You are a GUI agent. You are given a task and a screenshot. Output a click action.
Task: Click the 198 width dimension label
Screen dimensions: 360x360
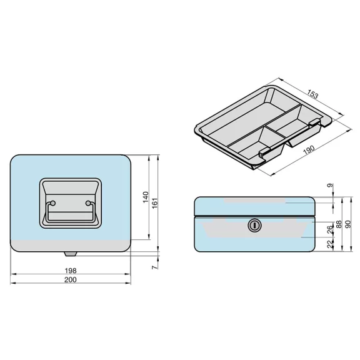point(71,271)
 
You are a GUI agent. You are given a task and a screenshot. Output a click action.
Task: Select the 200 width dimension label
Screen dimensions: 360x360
point(71,279)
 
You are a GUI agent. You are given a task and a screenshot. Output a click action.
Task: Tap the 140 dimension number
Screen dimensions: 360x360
point(146,197)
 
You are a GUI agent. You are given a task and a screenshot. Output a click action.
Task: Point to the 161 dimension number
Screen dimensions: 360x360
point(155,203)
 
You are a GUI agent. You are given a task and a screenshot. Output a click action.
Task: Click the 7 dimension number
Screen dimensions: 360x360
point(155,267)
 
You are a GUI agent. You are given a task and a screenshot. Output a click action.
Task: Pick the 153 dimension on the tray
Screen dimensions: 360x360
point(313,94)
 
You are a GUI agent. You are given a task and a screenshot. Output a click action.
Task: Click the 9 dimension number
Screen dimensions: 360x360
point(330,185)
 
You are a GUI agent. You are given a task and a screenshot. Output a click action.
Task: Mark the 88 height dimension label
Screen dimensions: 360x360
point(339,224)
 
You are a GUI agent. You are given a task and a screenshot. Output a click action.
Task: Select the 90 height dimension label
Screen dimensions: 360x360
point(348,224)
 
